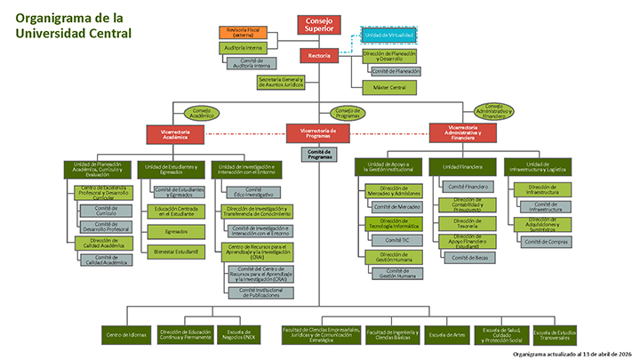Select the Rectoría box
pyautogui.click(x=319, y=56)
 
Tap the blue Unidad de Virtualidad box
pyautogui.click(x=389, y=34)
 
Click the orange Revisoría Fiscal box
pyautogui.click(x=243, y=33)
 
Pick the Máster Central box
pyautogui.click(x=388, y=87)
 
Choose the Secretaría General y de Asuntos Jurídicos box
pyautogui.click(x=281, y=82)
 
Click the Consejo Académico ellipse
pyautogui.click(x=201, y=113)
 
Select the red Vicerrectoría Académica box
pyautogui.click(x=176, y=133)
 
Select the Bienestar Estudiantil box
pyautogui.click(x=175, y=252)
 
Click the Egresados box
pyautogui.click(x=175, y=232)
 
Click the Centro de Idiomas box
pyautogui.click(x=126, y=334)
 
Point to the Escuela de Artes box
pyautogui.click(x=447, y=334)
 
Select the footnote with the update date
pyautogui.click(x=576, y=353)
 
